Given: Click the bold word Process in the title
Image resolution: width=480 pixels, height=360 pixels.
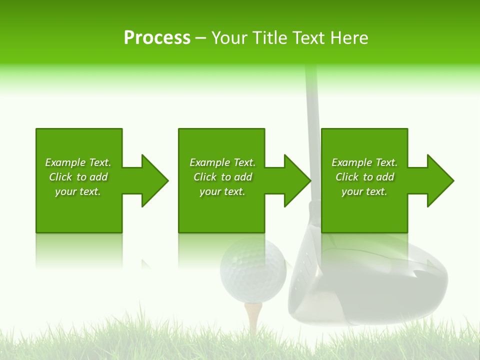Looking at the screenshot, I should pyautogui.click(x=157, y=38).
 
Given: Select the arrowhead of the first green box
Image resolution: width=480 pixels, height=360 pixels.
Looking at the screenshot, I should pyautogui.click(x=153, y=180).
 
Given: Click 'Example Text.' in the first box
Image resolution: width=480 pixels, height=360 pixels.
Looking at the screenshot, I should pyautogui.click(x=78, y=162).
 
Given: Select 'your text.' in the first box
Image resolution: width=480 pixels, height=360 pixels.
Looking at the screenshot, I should pyautogui.click(x=78, y=191).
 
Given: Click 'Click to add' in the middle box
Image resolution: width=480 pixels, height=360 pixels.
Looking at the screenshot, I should pyautogui.click(x=222, y=177).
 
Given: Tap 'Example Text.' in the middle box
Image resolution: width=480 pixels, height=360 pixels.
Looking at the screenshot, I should pyautogui.click(x=222, y=162).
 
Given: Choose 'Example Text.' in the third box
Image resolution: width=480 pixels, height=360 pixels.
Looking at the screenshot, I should pyautogui.click(x=364, y=162).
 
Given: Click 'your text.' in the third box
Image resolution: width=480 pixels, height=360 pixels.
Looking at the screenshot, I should pyautogui.click(x=364, y=191).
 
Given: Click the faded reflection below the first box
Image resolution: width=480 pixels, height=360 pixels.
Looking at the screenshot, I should pyautogui.click(x=79, y=250).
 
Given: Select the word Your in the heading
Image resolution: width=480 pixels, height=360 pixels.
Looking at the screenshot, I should pyautogui.click(x=229, y=38).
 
